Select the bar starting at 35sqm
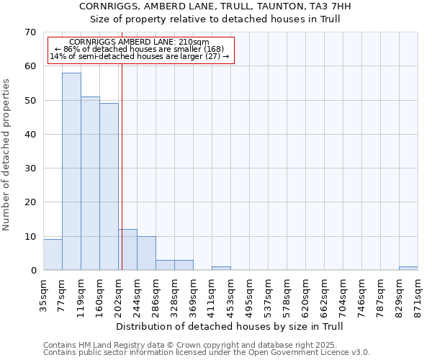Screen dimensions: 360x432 point(53,255)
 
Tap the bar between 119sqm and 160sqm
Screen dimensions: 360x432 point(90,184)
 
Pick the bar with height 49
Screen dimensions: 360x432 point(109,186)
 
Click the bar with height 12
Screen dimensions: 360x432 point(127,250)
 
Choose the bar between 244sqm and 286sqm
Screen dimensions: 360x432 point(146,253)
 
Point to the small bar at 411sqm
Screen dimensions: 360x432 point(221,269)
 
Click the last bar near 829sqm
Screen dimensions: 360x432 point(408,269)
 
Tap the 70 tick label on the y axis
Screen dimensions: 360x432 point(30,32)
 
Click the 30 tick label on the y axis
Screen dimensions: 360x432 point(30,168)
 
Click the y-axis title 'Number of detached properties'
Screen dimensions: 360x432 point(7,154)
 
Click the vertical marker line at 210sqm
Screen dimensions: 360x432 point(122,180)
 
